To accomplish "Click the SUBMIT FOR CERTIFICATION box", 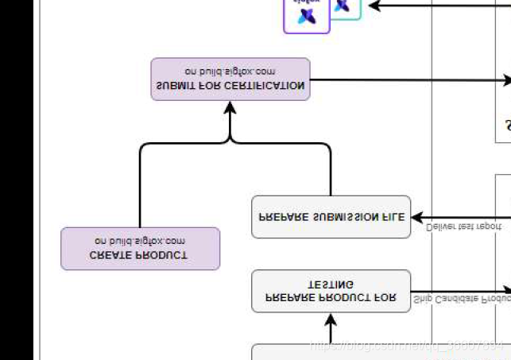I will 230,79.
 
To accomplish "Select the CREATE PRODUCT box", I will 140,248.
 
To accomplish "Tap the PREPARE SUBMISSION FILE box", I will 331,216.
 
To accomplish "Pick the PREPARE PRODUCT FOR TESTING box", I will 331,291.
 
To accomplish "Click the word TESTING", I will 331,284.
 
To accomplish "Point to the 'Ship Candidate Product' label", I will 461,300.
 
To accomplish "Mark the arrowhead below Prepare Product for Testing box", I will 331,320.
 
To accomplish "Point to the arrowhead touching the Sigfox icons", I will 372,6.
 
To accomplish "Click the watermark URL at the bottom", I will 406,346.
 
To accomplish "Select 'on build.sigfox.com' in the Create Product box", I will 140,241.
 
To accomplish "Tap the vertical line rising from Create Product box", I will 140,191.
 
